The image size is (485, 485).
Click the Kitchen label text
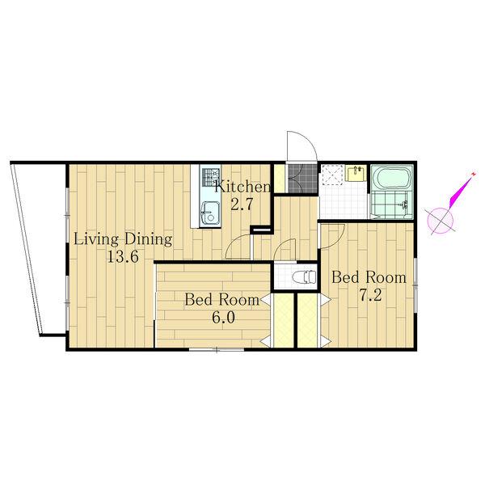242,188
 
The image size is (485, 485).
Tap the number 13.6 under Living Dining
123,256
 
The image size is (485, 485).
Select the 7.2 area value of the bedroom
370,295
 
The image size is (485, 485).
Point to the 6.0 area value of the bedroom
223,317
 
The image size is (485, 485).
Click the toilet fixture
305,276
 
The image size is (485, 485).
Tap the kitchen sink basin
210,213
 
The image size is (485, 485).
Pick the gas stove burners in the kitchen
210,176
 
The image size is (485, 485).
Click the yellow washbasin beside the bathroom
356,174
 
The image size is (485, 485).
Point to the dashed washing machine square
332,175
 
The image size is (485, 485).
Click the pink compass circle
441,221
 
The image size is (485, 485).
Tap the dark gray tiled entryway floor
303,178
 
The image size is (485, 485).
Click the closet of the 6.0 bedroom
284,320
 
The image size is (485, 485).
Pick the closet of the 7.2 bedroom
307,320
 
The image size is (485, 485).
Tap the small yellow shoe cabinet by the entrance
280,179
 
